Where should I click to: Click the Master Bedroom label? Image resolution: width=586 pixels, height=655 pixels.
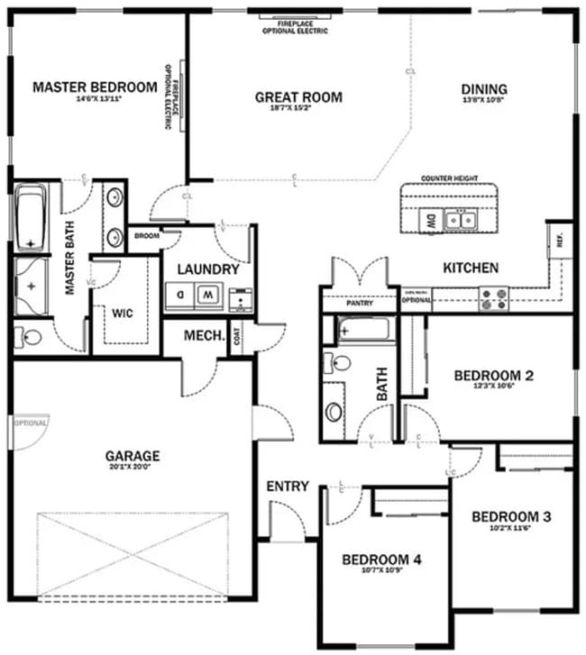[x=95, y=87]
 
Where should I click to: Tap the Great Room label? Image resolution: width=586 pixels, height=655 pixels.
[x=298, y=97]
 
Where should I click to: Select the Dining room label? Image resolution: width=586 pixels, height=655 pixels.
[x=484, y=89]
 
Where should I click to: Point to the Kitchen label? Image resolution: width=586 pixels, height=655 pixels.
[x=471, y=268]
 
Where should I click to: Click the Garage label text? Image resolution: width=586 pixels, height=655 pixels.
[x=132, y=456]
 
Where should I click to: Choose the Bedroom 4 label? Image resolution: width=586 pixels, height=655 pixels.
[x=381, y=559]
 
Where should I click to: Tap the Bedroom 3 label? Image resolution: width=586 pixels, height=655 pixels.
[x=511, y=517]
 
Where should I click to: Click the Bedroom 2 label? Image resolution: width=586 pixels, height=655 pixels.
[x=493, y=376]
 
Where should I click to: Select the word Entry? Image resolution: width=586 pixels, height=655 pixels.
[x=288, y=487]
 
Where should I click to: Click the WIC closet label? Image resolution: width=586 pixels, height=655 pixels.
[x=124, y=314]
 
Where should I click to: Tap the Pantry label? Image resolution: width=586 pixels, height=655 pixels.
[x=359, y=304]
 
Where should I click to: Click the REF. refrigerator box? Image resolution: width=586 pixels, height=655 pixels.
[x=560, y=242]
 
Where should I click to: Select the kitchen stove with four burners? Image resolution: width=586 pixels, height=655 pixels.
[x=493, y=298]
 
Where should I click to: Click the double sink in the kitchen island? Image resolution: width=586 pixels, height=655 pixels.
[x=464, y=218]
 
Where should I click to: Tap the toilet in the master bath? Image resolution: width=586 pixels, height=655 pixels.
[x=30, y=339]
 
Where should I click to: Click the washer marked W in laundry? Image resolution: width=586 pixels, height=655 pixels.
[x=208, y=295]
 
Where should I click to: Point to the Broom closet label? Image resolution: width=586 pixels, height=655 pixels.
[x=146, y=236]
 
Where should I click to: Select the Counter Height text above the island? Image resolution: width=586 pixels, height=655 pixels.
[x=449, y=179]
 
